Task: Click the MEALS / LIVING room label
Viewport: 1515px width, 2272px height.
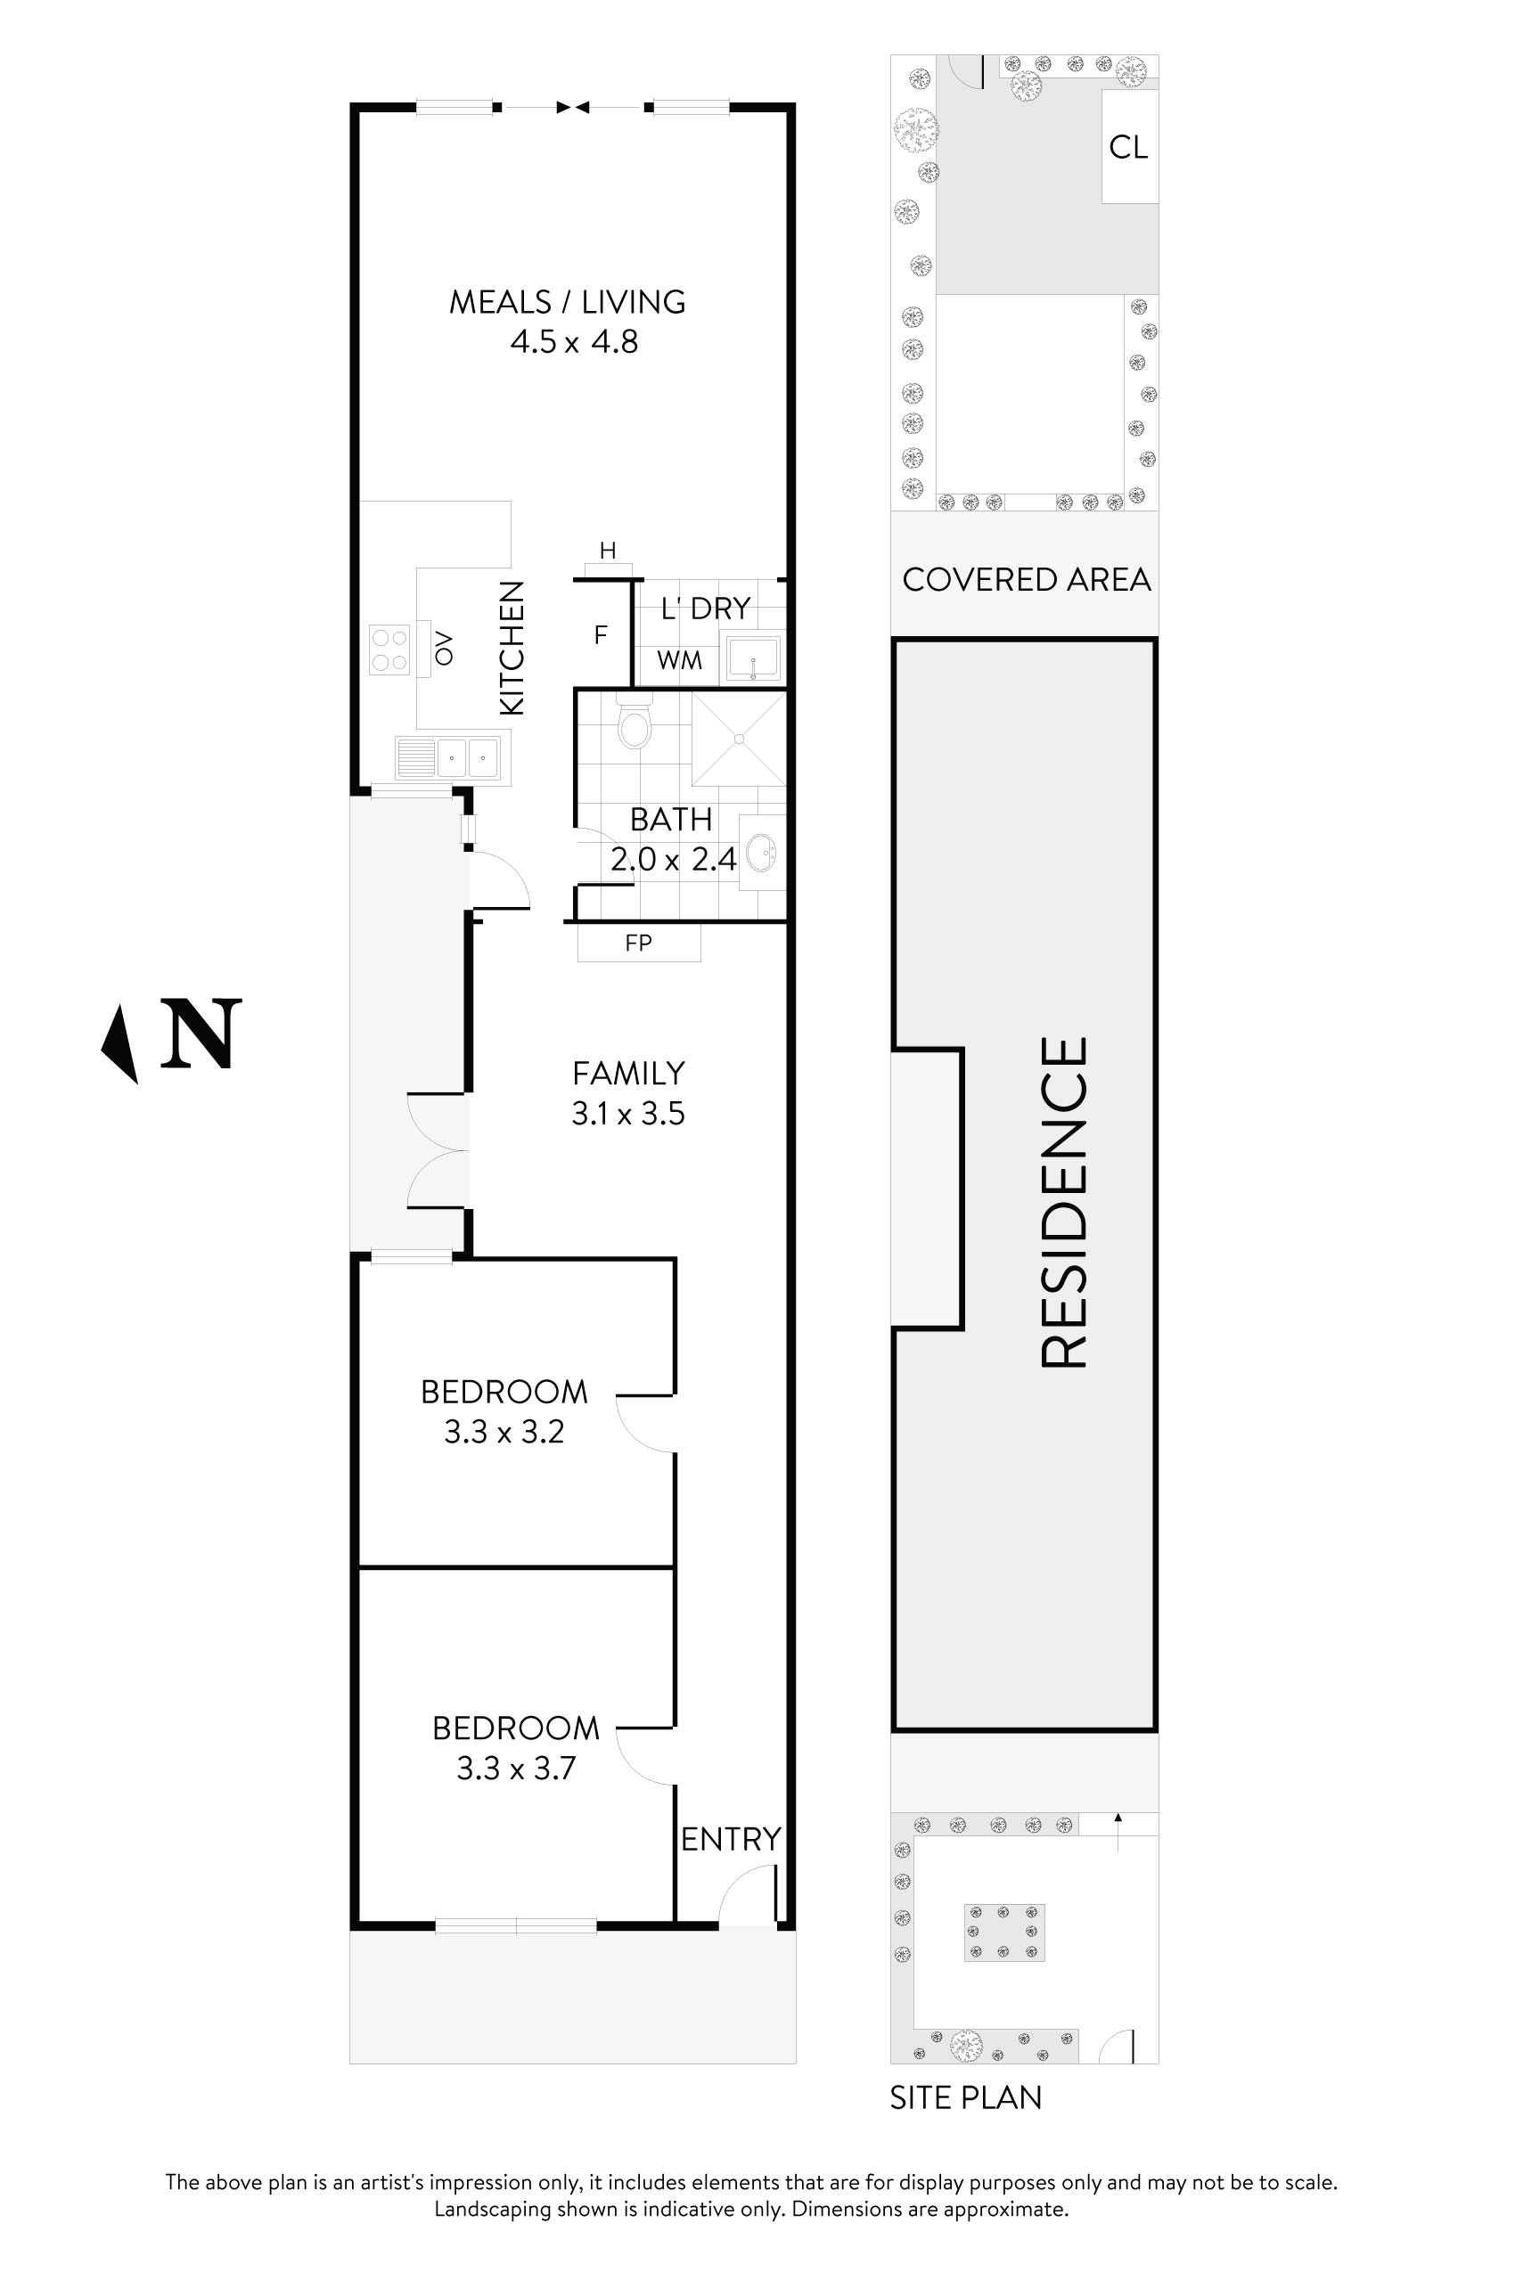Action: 567,302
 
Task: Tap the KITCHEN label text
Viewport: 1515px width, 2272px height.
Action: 512,648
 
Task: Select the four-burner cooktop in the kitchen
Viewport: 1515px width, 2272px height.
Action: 389,650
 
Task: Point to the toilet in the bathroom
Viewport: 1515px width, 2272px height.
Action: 634,722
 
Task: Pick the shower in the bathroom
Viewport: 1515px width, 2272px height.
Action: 739,739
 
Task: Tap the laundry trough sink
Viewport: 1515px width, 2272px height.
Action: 753,658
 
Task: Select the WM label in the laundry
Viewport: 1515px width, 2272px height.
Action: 679,661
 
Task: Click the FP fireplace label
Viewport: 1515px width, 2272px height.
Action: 639,943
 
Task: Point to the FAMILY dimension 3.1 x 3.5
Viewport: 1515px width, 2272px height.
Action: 628,1114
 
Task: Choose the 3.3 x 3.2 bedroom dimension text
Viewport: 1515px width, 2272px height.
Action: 504,1432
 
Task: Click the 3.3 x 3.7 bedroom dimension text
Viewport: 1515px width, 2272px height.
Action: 516,1768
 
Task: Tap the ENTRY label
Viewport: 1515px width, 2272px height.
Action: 731,1839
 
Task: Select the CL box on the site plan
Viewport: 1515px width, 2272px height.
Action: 1129,147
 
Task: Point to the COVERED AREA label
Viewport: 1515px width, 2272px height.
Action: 1026,580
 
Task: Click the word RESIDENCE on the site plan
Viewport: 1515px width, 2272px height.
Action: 1064,1202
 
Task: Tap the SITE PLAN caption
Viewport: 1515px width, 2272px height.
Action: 966,2097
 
